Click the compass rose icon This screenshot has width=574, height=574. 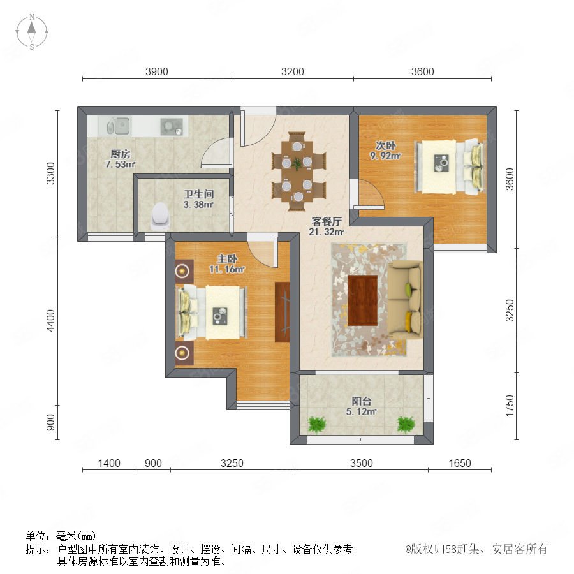click(x=32, y=32)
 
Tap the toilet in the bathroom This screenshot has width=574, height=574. click(x=161, y=217)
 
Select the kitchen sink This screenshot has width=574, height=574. click(x=119, y=126)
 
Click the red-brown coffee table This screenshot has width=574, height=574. click(x=362, y=300)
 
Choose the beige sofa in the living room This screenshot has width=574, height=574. click(x=405, y=300)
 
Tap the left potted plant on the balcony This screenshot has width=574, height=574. click(x=316, y=425)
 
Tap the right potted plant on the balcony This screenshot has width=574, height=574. click(x=406, y=425)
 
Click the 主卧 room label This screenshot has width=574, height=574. click(x=227, y=259)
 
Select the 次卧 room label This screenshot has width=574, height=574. click(x=385, y=145)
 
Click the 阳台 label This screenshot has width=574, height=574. click(x=362, y=401)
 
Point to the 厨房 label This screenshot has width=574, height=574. click(x=121, y=154)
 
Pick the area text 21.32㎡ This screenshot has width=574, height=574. click(x=326, y=232)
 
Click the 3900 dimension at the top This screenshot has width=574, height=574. click(x=157, y=71)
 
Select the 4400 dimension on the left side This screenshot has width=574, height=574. click(x=50, y=321)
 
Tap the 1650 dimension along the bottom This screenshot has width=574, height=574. click(x=460, y=463)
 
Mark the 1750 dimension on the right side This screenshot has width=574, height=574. click(x=510, y=406)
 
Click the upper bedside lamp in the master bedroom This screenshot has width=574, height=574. click(x=182, y=271)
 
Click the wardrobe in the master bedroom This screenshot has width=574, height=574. click(x=283, y=313)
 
